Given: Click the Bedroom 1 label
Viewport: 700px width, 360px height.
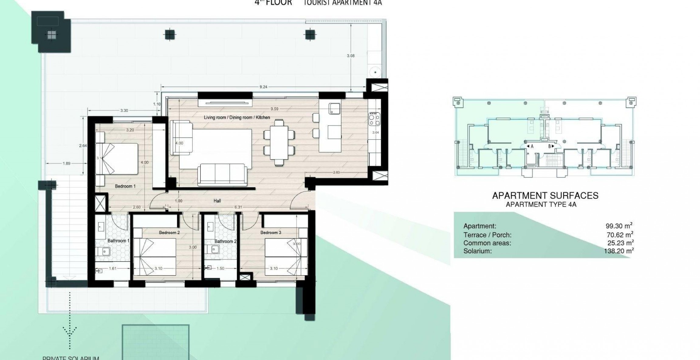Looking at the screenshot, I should (x=125, y=186).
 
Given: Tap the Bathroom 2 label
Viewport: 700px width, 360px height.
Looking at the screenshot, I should (x=225, y=241).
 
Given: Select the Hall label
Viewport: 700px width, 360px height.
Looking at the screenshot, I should (x=217, y=201).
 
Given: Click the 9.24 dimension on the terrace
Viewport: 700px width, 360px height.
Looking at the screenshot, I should (x=263, y=87).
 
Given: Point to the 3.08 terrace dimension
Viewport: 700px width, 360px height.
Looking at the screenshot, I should (x=351, y=56).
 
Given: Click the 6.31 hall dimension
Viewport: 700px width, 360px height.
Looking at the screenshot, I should (x=238, y=207).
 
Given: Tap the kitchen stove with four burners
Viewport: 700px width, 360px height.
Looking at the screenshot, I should (x=374, y=119).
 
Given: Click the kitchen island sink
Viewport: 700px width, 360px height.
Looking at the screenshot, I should (x=335, y=108).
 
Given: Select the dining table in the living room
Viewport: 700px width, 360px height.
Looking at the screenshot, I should (x=279, y=142).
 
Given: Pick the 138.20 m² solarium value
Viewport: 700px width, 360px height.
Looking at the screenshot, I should (x=619, y=251).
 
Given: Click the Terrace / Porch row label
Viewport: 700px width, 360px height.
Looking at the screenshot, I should (x=487, y=235).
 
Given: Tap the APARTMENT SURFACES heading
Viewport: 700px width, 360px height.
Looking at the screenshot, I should (x=545, y=196).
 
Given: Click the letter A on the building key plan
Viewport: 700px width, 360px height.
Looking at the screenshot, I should (x=532, y=146).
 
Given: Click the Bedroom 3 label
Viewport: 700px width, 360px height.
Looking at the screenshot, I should (x=271, y=232).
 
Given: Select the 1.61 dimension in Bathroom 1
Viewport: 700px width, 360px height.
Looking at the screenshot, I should (x=112, y=268).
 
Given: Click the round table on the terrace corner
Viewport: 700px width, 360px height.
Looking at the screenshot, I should (x=376, y=72).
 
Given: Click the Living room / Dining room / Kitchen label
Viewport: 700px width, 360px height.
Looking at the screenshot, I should (x=237, y=117).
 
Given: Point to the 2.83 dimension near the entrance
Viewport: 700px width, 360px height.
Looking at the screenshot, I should (x=336, y=173).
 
